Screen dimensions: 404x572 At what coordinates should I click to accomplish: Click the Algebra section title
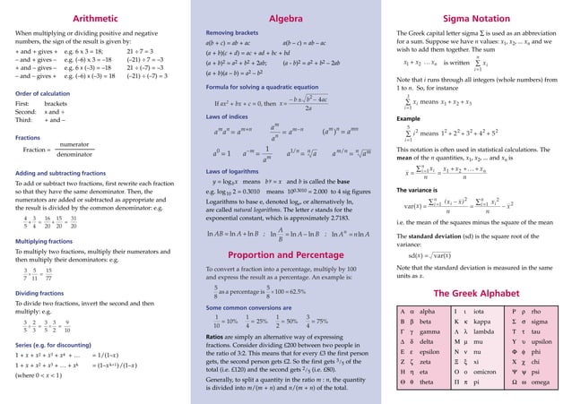[x=285, y=18]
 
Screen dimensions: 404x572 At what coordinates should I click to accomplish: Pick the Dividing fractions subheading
[x=37, y=292]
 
